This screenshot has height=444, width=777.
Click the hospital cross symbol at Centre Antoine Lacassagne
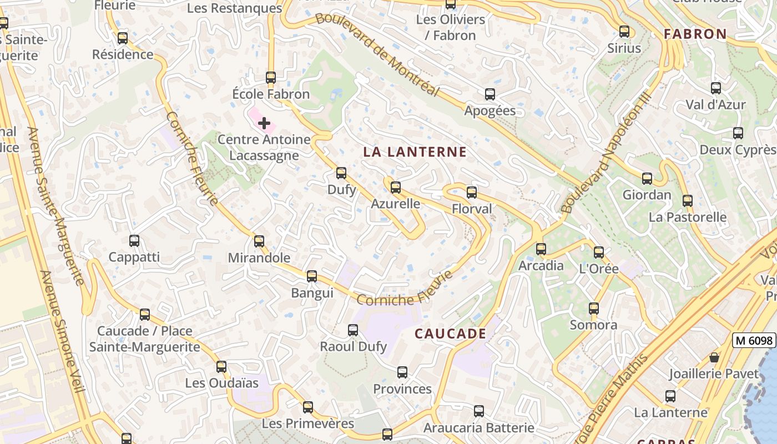[x=264, y=123]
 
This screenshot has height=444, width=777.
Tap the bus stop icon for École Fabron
[x=271, y=78]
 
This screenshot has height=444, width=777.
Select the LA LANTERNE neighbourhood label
[x=415, y=152]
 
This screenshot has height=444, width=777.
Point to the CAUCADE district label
[x=451, y=334]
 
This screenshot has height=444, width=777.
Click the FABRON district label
[x=695, y=34]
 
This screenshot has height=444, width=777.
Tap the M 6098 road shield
[x=754, y=340]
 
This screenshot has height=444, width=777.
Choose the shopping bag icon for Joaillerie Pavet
[x=714, y=357]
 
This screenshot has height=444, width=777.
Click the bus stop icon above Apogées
[x=490, y=94]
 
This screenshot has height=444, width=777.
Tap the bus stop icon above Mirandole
[x=259, y=241]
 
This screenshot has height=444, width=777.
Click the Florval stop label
[x=472, y=209]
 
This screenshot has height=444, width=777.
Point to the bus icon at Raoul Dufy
[x=353, y=330]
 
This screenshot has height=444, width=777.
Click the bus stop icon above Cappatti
[x=134, y=241]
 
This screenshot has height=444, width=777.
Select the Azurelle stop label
[x=395, y=204]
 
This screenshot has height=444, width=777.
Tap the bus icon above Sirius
[x=624, y=32]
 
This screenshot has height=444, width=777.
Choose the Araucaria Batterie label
[x=478, y=428]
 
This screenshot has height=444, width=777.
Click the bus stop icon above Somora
[x=594, y=309]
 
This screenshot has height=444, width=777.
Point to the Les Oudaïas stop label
[x=222, y=383]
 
